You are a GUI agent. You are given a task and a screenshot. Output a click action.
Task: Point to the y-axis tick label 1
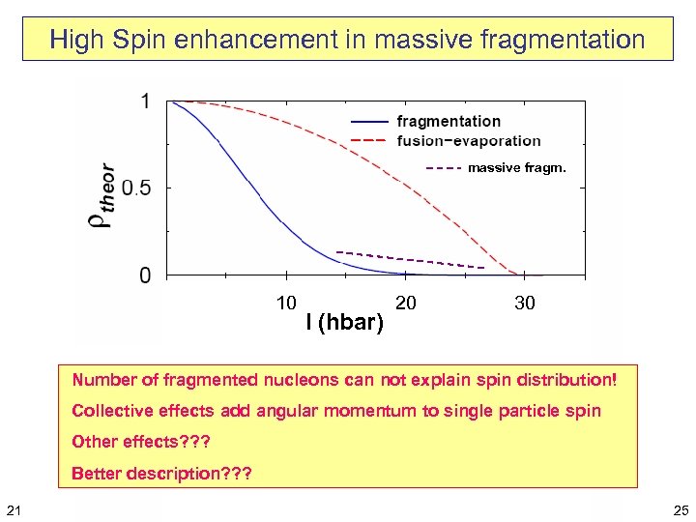pos(145,101)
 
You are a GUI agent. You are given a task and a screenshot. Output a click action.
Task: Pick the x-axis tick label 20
pos(407,304)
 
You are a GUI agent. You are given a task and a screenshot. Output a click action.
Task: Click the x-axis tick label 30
pos(525,304)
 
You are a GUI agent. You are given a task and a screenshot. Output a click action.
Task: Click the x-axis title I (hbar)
pos(345,322)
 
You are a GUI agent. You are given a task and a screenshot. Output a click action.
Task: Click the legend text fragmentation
pos(449,121)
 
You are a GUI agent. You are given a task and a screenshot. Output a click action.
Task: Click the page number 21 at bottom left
pos(13,509)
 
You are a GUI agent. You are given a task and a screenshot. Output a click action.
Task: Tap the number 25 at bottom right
pos(681,509)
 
